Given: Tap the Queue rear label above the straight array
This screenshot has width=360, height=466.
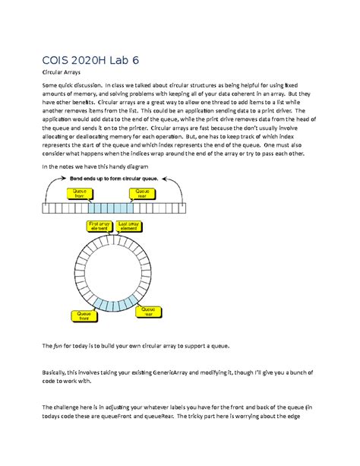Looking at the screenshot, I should [x=143, y=193].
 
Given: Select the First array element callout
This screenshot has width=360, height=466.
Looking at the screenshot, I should [x=99, y=227].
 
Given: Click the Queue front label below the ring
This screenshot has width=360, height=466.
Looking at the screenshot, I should [x=81, y=315].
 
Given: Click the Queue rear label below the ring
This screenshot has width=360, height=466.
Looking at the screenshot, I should [x=148, y=312].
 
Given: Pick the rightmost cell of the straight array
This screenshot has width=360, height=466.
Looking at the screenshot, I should [x=183, y=207].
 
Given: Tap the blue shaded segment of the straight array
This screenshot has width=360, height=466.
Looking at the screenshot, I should [x=112, y=207].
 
